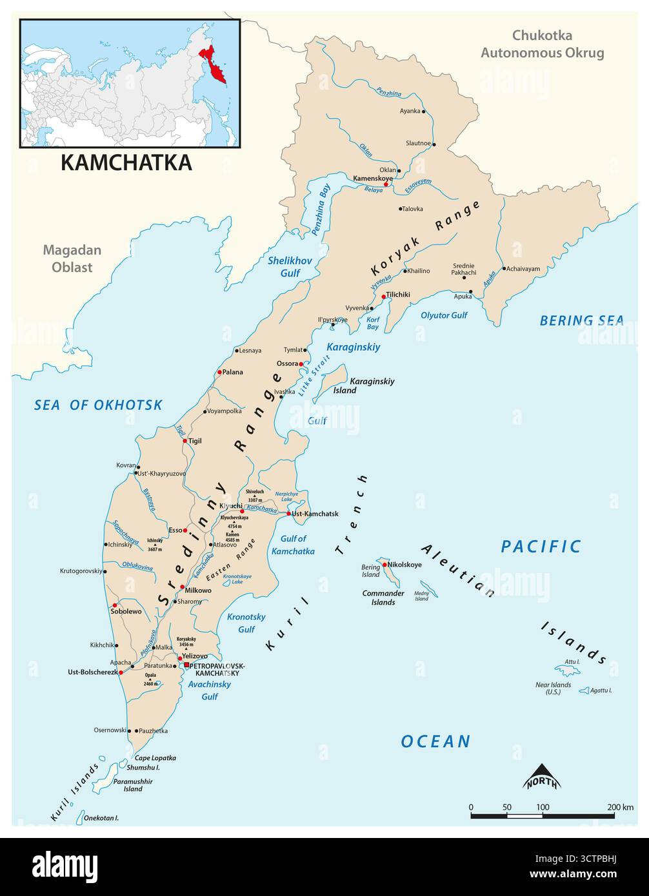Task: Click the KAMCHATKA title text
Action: (x=126, y=162)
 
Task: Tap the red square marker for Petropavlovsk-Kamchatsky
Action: (x=186, y=665)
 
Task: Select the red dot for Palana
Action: (x=219, y=372)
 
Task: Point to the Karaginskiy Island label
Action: (x=372, y=385)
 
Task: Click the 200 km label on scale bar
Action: (x=620, y=807)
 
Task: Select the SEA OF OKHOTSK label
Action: (x=98, y=405)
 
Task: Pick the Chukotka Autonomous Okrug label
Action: (x=542, y=44)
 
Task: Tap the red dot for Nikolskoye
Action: (x=384, y=565)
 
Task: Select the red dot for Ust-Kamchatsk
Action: (x=288, y=514)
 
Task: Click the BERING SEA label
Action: (x=581, y=320)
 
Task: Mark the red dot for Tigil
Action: (x=185, y=441)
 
